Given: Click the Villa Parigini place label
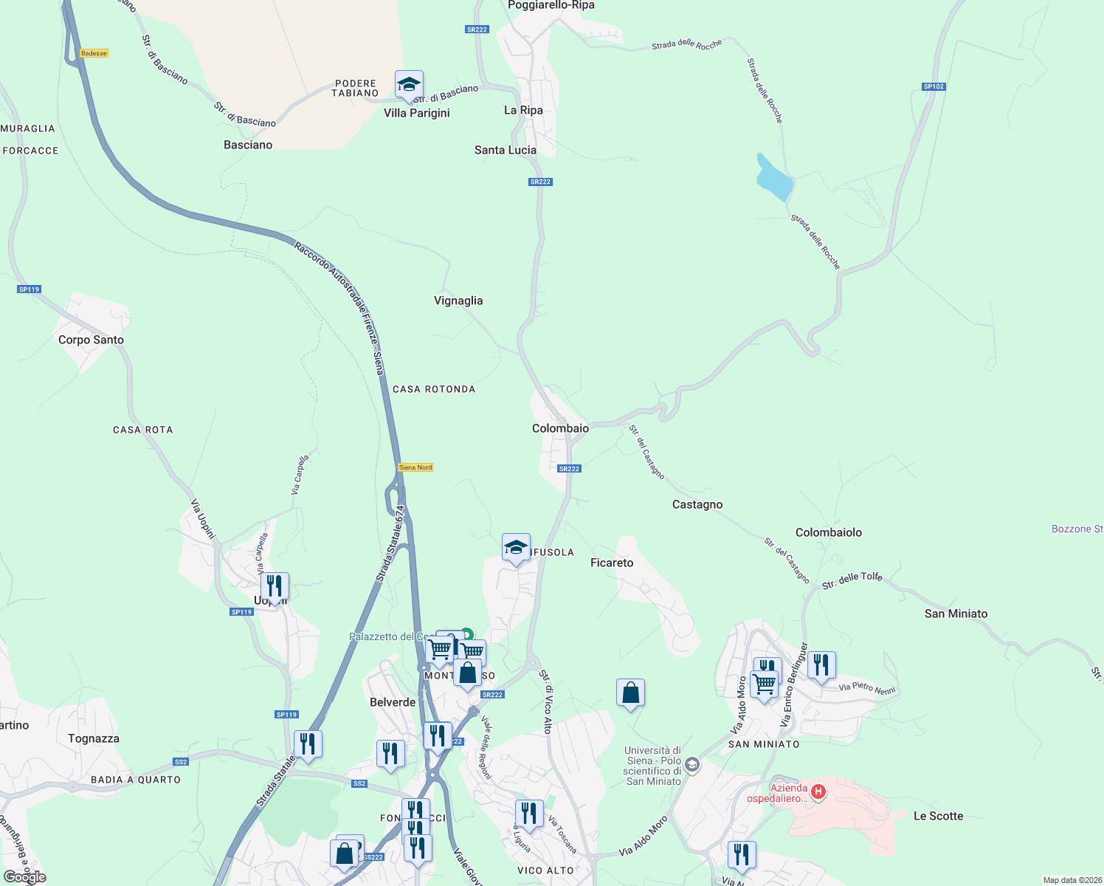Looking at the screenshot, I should tap(416, 113).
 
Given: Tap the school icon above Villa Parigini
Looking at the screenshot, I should tap(409, 85).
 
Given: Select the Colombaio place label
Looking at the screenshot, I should tap(560, 428).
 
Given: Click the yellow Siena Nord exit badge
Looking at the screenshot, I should tap(415, 467).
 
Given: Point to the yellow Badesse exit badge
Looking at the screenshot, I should tap(94, 53).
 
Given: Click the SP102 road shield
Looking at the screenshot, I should tap(934, 86).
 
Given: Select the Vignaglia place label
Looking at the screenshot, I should tap(458, 301).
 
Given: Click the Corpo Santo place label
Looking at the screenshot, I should tap(91, 340).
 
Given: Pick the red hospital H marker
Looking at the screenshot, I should tap(818, 792).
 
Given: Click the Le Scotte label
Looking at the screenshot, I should tap(938, 816).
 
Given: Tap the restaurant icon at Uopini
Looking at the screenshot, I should tap(274, 587).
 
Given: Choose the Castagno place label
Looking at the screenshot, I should tap(697, 504).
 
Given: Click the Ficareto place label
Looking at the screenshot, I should tap(612, 563).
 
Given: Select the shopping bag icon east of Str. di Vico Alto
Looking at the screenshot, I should tap(630, 693).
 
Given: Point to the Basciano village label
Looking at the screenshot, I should tap(248, 145).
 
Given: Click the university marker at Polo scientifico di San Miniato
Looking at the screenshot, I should tap(692, 765).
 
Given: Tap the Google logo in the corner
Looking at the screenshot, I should tap(25, 877).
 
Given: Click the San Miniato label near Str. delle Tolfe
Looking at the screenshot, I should tap(956, 614).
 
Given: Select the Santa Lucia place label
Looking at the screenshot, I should tap(506, 150).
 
